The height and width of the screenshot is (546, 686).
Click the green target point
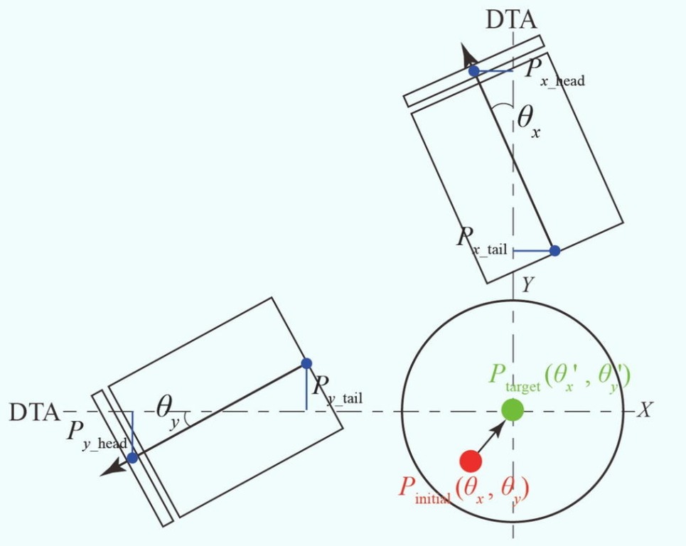click(513, 410)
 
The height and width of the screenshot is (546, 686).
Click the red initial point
click(470, 461)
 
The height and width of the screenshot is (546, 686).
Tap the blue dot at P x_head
click(473, 71)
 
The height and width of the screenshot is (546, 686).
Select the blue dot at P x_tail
click(554, 250)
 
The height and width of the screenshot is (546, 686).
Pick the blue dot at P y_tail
click(306, 363)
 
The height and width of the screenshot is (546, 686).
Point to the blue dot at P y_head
click(132, 458)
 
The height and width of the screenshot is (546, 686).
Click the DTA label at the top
click(510, 20)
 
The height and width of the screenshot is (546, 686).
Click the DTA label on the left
click(34, 412)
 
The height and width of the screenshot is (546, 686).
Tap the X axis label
click(644, 410)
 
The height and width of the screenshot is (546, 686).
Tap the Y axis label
click(527, 286)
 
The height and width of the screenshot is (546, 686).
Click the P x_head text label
click(554, 72)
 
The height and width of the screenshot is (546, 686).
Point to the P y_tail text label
click(336, 390)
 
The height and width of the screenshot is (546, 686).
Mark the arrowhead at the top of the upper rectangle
click(467, 54)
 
